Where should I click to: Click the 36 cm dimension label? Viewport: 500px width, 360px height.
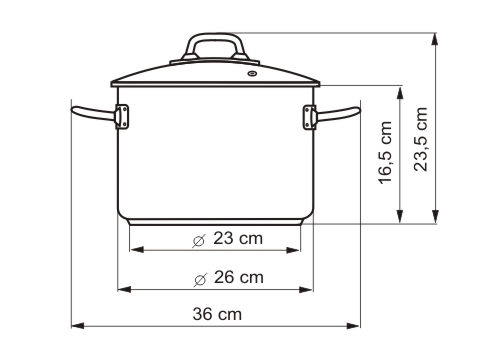(x=217, y=313)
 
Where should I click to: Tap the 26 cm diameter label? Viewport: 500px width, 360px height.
(x=227, y=277)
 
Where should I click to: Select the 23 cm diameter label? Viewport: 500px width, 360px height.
(x=227, y=238)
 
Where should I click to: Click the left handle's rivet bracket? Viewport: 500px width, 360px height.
(x=123, y=117)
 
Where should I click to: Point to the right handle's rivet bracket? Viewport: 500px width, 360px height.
(x=307, y=117)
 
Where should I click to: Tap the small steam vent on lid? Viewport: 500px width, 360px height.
(x=251, y=72)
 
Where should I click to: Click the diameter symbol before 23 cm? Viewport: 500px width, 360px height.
(x=199, y=239)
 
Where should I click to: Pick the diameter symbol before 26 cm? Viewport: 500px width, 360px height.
(x=199, y=277)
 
